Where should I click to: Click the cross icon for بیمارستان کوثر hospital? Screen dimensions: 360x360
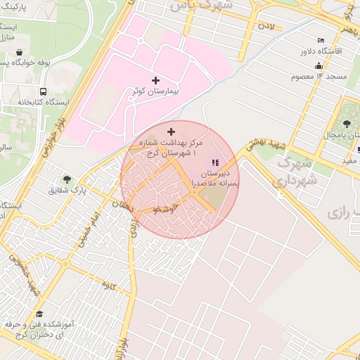point(155,81)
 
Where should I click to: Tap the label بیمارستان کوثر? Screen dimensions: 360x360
point(155,92)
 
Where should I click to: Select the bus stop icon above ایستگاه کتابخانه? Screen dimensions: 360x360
point(44,91)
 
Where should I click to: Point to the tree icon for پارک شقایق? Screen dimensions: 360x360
point(67,179)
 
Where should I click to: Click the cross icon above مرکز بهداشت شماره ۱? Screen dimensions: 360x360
point(171,131)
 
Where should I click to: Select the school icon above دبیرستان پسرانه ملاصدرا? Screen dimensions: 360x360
point(215,163)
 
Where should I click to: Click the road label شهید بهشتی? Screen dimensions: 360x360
point(264,145)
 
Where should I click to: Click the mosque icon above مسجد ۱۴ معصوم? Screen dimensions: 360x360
point(319,65)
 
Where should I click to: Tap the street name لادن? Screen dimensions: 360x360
point(266,27)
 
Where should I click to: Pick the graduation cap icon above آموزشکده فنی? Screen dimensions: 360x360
point(39,314)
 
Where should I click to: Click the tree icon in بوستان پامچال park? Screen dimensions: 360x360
point(349,120)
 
